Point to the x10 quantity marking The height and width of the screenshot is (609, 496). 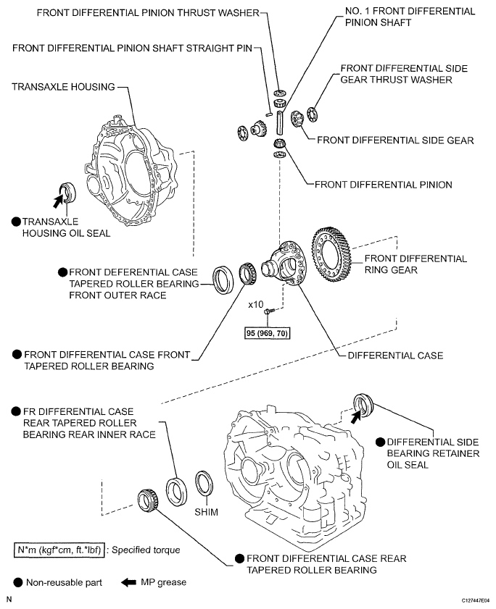[255, 305]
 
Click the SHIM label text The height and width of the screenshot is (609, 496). [205, 511]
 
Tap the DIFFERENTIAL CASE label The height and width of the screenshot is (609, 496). [395, 356]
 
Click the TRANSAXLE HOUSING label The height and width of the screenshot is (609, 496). [63, 87]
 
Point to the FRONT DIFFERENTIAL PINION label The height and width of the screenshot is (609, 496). [383, 185]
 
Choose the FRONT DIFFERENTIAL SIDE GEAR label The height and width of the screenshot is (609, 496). [394, 140]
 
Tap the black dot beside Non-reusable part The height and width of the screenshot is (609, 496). [17, 581]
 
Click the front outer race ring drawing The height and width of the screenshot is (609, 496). [222, 279]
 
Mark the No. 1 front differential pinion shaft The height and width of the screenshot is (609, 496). [281, 119]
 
